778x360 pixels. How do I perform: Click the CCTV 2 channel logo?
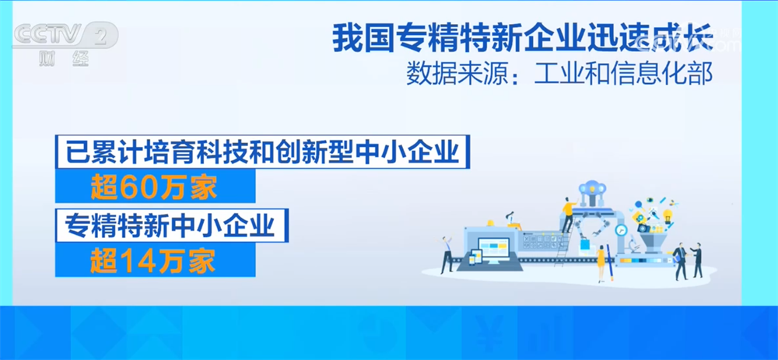(x=66, y=36)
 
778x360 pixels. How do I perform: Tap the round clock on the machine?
(x=620, y=230)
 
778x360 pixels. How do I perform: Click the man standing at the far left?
(x=447, y=254)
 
